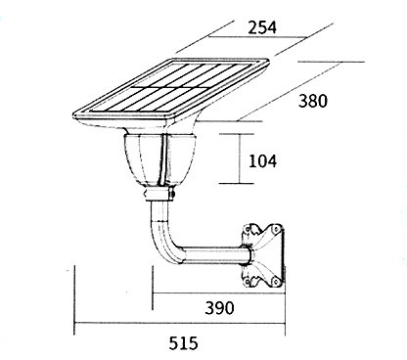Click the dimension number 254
tap(262, 27)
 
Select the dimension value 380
tap(313, 101)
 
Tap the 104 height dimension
tap(262, 161)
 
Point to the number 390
tap(219, 308)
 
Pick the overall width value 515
tap(183, 343)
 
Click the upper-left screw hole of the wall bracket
tap(249, 229)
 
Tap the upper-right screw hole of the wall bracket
tap(277, 229)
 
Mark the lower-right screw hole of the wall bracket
tap(277, 281)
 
